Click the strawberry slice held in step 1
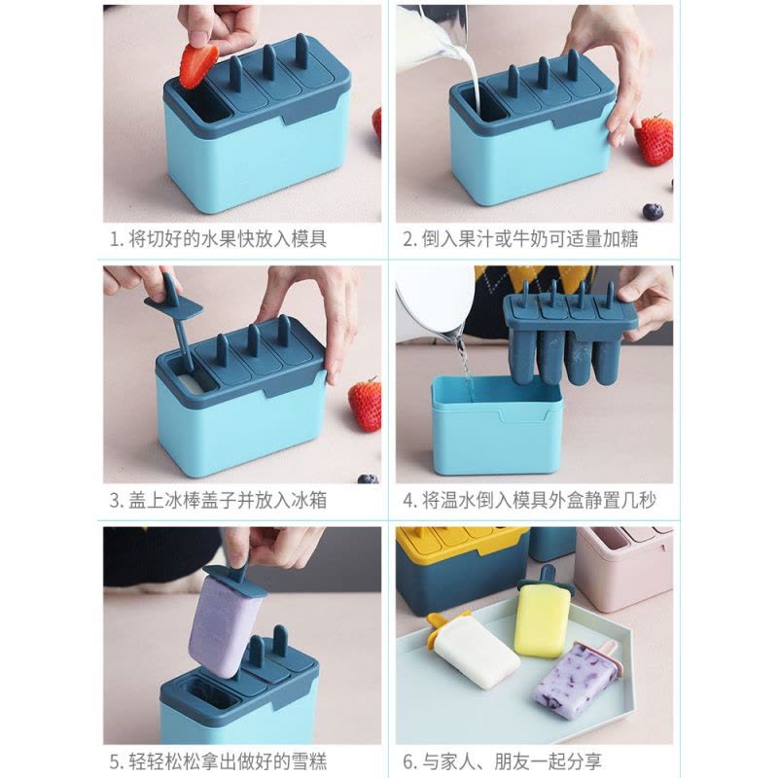point(198,62)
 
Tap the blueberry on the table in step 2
point(654,210)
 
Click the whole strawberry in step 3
point(366,404)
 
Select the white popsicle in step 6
point(477,654)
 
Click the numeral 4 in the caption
point(408,502)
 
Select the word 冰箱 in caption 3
point(303,502)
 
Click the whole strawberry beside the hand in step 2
point(654,139)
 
